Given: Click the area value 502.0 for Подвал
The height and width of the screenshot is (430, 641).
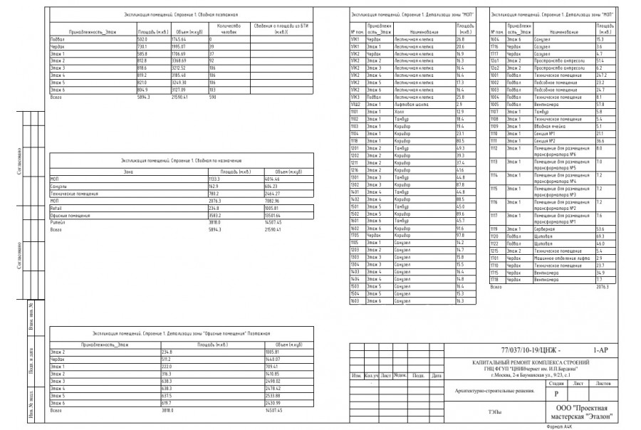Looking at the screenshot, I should [x=142, y=38].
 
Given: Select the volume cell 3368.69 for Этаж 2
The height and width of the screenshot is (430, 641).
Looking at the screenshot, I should [x=183, y=61].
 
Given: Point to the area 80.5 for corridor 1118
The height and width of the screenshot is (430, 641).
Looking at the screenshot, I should [x=460, y=141].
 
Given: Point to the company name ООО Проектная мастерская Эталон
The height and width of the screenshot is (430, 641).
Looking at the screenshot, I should [x=584, y=411].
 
